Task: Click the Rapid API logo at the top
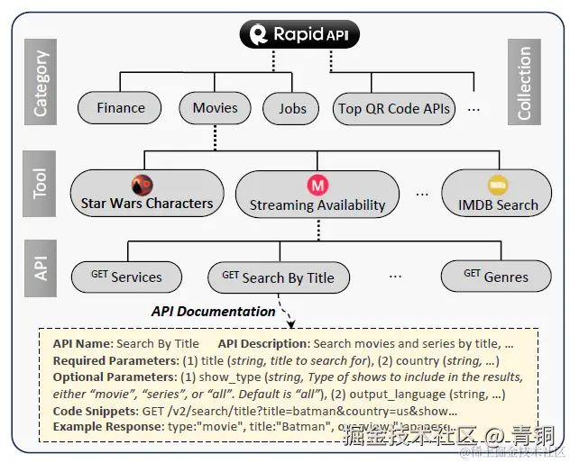pos(299,35)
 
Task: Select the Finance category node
pos(120,108)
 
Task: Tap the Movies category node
pos(215,108)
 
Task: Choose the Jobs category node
pos(291,109)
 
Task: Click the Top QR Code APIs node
pos(394,109)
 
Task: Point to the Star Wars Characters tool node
pos(147,194)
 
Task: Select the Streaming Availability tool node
pos(317,195)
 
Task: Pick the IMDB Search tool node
pos(497,195)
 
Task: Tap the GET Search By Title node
pos(278,277)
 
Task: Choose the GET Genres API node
pos(496,277)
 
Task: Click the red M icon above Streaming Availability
pos(317,185)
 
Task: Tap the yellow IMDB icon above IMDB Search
pos(497,184)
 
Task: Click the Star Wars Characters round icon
pos(142,185)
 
